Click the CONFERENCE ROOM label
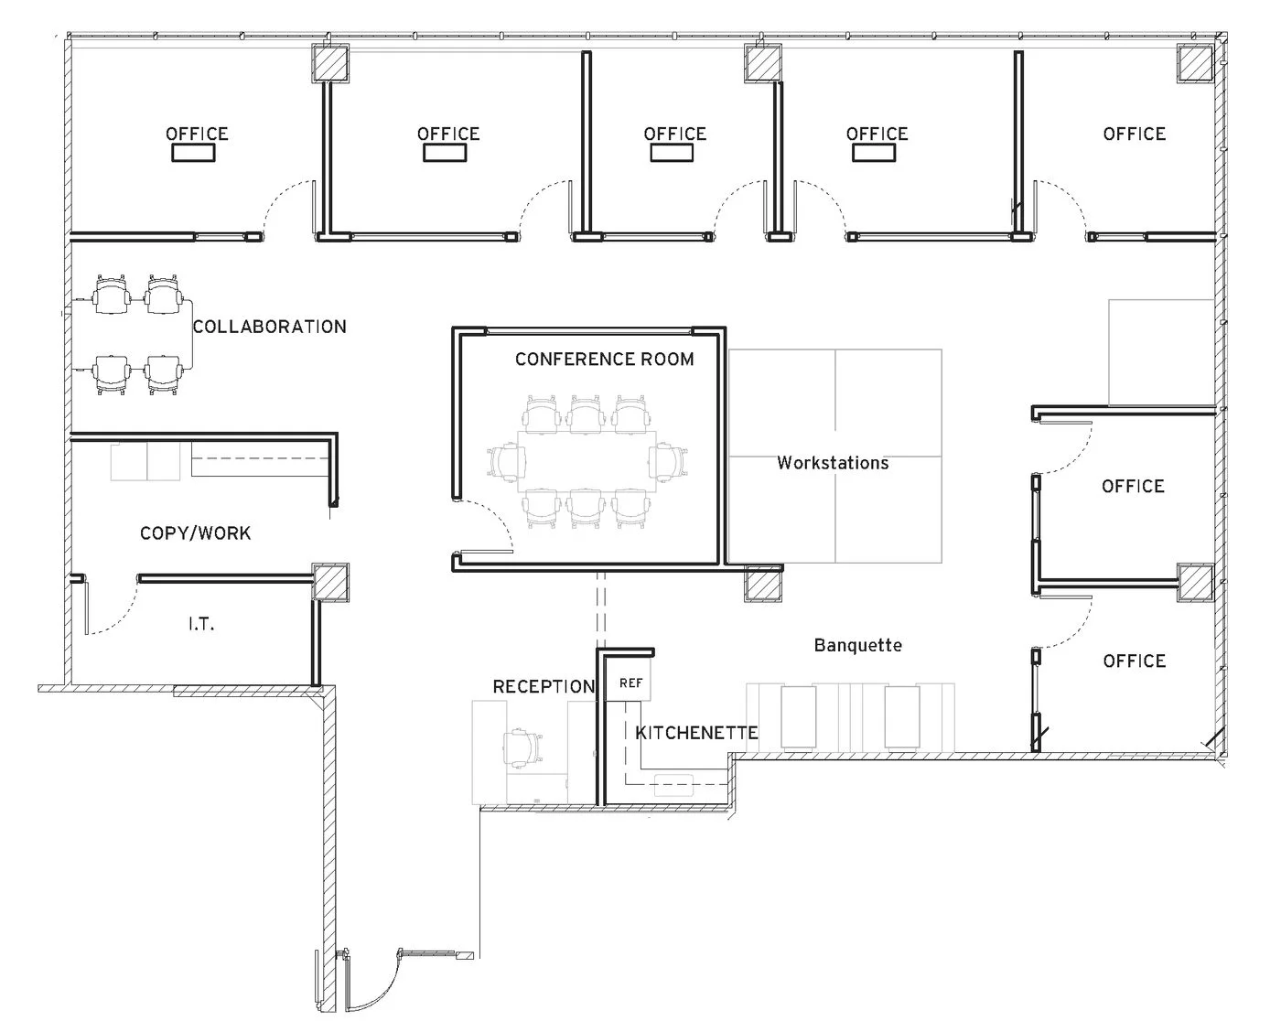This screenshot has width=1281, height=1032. pos(604,359)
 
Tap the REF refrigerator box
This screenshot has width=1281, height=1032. pos(630,683)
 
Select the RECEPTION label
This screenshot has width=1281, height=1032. pos(544,686)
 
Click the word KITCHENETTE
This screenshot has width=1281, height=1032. pos(696,733)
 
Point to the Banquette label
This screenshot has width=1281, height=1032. pos(857,645)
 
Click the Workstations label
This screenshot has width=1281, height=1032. pos(833,463)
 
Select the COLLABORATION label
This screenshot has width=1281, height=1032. pos(269,327)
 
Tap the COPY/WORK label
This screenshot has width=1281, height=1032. pos(195,532)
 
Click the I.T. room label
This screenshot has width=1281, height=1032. pos(201,624)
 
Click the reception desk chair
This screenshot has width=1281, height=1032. pos(523,746)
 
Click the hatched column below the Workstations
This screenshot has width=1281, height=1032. pos(762,583)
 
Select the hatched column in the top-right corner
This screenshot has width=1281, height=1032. pos(1195,64)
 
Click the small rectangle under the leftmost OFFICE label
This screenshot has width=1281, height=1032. pos(193,153)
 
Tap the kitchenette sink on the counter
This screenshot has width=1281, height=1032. pos(674,781)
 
